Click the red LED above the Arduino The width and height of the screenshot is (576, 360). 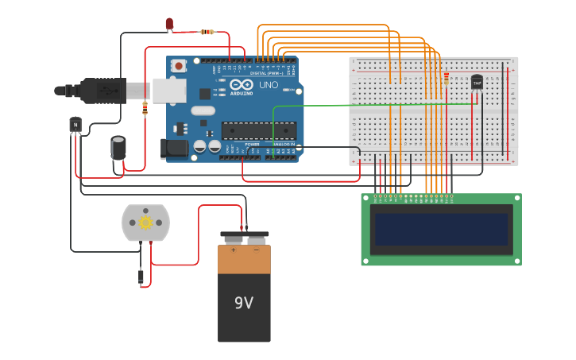pyautogui.click(x=169, y=24)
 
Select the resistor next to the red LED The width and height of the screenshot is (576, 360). pyautogui.click(x=207, y=32)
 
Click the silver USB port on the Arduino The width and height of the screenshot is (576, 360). pyautogui.click(x=169, y=90)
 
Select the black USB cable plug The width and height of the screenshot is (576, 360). pyautogui.click(x=103, y=91)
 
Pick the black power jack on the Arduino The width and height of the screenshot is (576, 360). pyautogui.click(x=175, y=149)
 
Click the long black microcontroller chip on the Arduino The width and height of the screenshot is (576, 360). pyautogui.click(x=259, y=130)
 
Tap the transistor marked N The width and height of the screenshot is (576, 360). pyautogui.click(x=75, y=124)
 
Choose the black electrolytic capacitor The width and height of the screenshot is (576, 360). pyautogui.click(x=118, y=148)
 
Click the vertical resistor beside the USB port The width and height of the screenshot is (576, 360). pyautogui.click(x=145, y=108)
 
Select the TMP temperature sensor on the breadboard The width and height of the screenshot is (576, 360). pyautogui.click(x=477, y=82)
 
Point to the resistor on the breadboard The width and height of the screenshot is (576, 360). pyautogui.click(x=446, y=78)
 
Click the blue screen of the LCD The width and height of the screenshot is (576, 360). pyautogui.click(x=441, y=229)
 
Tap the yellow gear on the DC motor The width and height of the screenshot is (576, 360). pyautogui.click(x=145, y=223)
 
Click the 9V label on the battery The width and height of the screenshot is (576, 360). pyautogui.click(x=243, y=303)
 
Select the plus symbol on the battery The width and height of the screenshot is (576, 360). pyautogui.click(x=233, y=250)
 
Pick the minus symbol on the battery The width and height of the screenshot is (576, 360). pyautogui.click(x=256, y=250)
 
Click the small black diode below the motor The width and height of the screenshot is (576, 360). pyautogui.click(x=141, y=277)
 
